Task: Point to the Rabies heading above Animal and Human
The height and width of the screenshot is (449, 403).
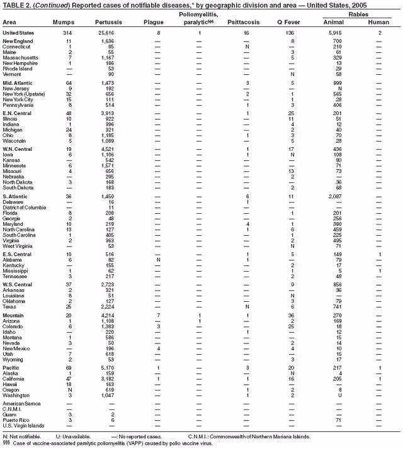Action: coord(357,13)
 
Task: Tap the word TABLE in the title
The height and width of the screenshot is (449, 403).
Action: coord(13,4)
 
